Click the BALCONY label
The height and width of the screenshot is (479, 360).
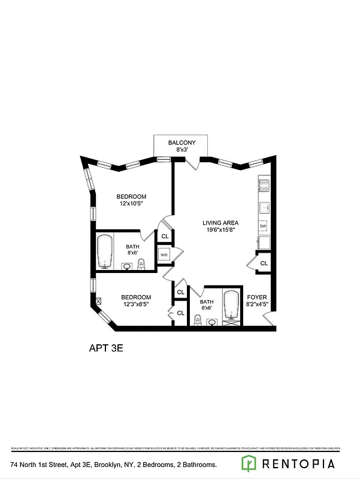[180, 143]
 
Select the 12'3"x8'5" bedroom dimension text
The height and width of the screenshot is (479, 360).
[136, 304]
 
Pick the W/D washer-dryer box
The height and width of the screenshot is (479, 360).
[164, 255]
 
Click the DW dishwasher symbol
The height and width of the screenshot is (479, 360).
[263, 226]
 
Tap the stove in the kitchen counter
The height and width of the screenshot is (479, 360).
[263, 185]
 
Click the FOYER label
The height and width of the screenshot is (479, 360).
[256, 297]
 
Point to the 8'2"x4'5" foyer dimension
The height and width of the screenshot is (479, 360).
[256, 305]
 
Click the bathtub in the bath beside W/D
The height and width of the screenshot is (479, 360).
[105, 251]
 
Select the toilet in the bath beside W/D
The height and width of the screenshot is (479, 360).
[141, 264]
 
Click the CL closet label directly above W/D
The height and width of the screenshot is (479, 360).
[165, 237]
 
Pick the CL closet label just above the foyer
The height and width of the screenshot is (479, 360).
[264, 263]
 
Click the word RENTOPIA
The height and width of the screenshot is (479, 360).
[298, 463]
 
